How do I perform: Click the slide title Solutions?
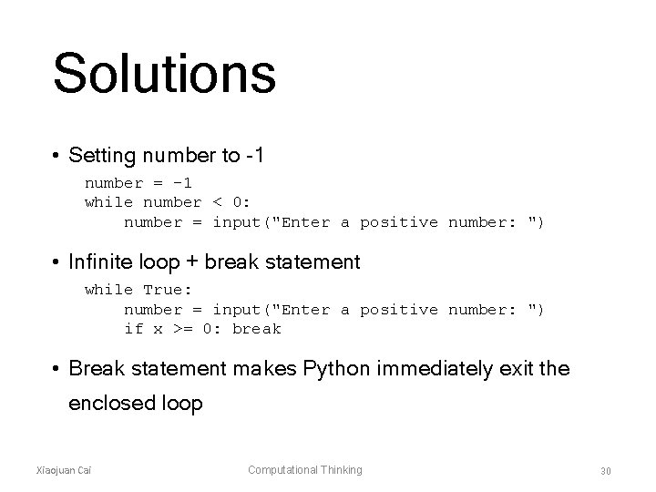[164, 74]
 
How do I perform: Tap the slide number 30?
[605, 470]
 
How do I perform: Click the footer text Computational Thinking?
[305, 470]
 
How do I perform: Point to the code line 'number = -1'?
[138, 183]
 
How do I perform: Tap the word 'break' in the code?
[257, 329]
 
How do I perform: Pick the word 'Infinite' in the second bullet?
[100, 262]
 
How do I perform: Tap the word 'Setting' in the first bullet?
[100, 156]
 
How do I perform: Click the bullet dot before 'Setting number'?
[56, 157]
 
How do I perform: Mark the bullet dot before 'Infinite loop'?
[56, 263]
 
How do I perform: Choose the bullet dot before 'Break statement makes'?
[56, 370]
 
